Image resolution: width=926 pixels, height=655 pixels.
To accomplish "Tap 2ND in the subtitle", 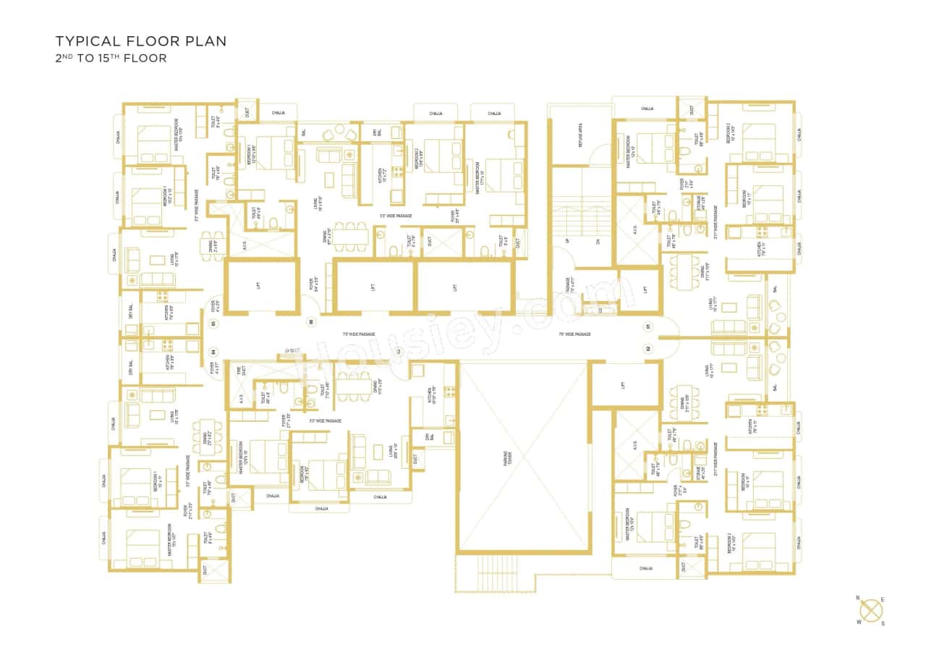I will coord(64,58).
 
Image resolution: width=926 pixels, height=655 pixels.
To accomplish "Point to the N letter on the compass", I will coord(858,598).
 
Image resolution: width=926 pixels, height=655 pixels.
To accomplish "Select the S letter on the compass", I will coord(883,623).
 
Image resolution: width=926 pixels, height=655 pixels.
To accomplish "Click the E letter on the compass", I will coord(883,599).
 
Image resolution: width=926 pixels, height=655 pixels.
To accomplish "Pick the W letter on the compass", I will coord(859,622).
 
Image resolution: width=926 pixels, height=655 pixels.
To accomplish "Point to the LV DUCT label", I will coord(292,350).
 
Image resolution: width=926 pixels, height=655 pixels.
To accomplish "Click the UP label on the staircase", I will coord(567,242).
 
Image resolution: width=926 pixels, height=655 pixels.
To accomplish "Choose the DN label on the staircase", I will coord(598,242).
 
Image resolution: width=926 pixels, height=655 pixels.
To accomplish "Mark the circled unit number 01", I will coord(648,326).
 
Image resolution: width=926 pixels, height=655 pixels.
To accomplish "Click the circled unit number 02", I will coord(648,348).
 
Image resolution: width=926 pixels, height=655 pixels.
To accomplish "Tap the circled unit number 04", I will coord(213,353).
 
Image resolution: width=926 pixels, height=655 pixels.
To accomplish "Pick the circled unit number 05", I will coord(213,324).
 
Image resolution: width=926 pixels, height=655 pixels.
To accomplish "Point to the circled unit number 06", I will coord(311,321).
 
